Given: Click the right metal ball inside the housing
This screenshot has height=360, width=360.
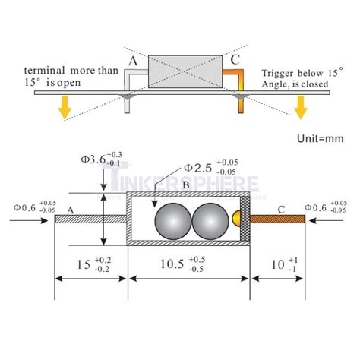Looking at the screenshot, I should [x=210, y=223].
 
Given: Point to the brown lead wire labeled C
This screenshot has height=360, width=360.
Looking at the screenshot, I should [x=276, y=219].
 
